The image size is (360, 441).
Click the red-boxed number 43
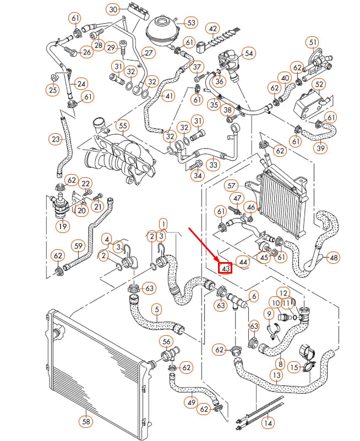pyautogui.click(x=225, y=268)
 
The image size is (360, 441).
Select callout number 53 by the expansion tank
pyautogui.click(x=190, y=23)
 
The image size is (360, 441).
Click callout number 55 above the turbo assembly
pyautogui.click(x=122, y=126)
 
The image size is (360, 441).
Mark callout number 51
pyautogui.click(x=313, y=42)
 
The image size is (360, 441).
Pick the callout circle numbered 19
pyautogui.click(x=62, y=226)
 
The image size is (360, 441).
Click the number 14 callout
pyautogui.click(x=268, y=423)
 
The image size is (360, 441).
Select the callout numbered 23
pyautogui.click(x=55, y=140)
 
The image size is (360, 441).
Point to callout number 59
pyautogui.click(x=78, y=246)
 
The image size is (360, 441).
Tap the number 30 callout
pyautogui.click(x=113, y=9)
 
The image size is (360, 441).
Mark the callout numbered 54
pyautogui.click(x=249, y=53)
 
